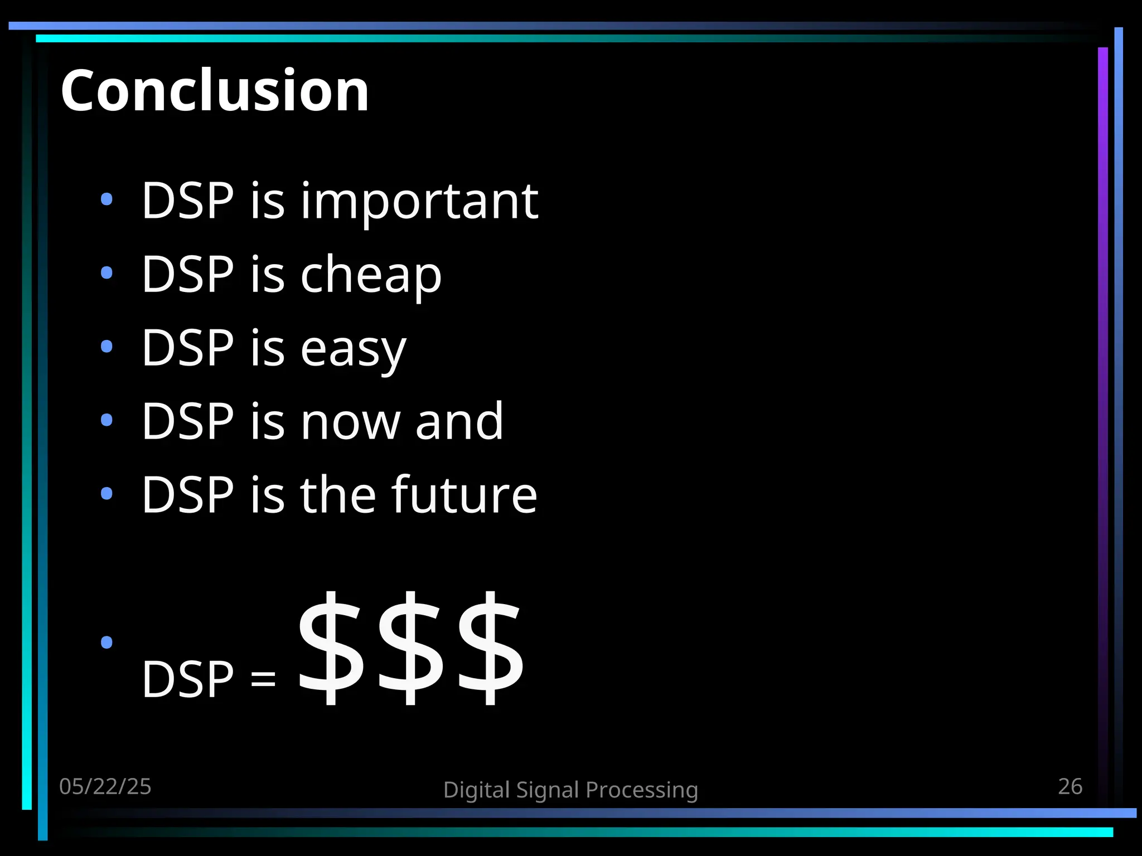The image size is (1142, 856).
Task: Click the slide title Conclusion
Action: (215, 90)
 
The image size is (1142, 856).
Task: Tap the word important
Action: (419, 202)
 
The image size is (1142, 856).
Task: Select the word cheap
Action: (371, 275)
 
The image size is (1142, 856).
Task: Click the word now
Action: (350, 422)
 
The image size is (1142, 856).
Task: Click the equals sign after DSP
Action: (263, 680)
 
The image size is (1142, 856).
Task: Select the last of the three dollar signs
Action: (490, 648)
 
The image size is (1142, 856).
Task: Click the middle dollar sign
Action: (409, 648)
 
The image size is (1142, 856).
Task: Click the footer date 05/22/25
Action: (105, 787)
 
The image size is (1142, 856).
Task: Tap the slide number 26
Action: (1070, 787)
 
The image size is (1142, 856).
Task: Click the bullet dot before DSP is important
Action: (107, 199)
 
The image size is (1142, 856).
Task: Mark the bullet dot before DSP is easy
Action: (107, 347)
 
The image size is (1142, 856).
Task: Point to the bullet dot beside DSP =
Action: (107, 643)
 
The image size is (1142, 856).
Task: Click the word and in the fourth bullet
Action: (459, 422)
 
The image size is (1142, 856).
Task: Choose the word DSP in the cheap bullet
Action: (187, 274)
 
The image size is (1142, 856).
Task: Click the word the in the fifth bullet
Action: (337, 495)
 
